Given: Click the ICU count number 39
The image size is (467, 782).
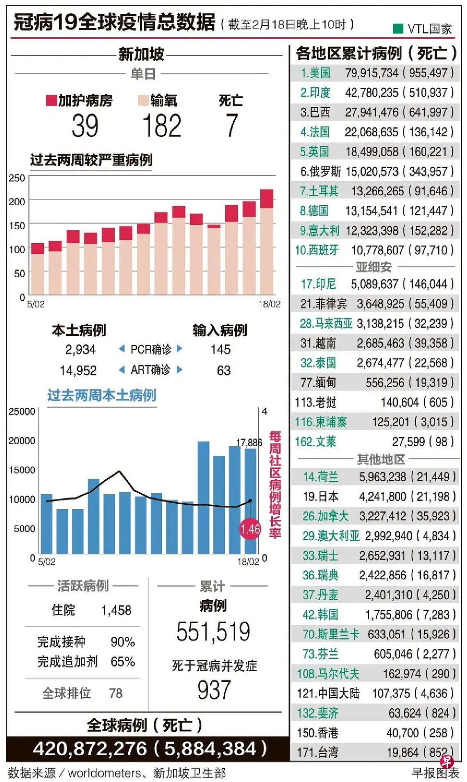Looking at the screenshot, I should click(85, 126).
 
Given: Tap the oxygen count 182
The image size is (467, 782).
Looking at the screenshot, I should click(162, 126).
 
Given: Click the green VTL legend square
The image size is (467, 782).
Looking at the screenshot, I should click(397, 28).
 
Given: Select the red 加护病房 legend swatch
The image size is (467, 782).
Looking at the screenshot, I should click(51, 100).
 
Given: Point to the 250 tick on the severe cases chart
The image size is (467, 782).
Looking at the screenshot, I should click(17, 178).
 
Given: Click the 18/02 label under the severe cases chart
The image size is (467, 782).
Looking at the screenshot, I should click(270, 304).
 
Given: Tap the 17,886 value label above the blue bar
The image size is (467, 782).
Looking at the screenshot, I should click(249, 443).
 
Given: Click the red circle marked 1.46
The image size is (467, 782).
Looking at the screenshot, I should click(250, 529).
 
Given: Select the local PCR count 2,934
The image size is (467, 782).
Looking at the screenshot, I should click(80, 350).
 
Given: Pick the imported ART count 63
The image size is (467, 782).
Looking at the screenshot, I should click(224, 371).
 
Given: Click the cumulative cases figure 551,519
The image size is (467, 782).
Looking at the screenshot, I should click(213, 632).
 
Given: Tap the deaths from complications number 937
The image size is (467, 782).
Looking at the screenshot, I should click(214, 690).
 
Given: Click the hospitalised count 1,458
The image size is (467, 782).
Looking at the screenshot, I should click(116, 610).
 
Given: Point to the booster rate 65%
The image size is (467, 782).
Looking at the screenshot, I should click(122, 662).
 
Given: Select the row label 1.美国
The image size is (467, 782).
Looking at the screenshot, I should click(315, 73).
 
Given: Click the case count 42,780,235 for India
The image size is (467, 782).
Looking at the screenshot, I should click(372, 93).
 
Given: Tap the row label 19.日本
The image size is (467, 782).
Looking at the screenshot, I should click(320, 497).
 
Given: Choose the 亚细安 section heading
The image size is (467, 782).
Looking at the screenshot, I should click(374, 267).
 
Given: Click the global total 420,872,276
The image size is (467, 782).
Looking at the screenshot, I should click(90, 749).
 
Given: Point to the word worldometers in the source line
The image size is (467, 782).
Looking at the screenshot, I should click(104, 773).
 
